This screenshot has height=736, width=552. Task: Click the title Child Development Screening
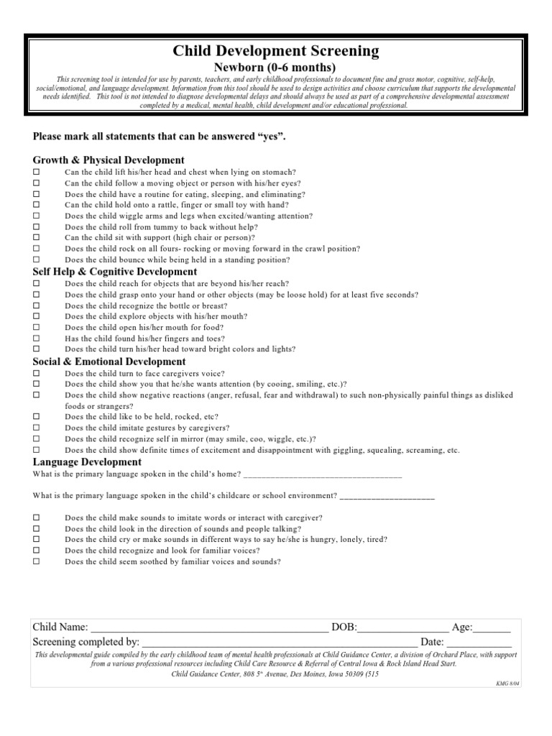pyautogui.click(x=276, y=50)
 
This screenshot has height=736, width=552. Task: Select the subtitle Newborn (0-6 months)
pyautogui.click(x=276, y=68)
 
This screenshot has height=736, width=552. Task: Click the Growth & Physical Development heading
pyautogui.click(x=109, y=160)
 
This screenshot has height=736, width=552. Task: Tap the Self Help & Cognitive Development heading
pyautogui.click(x=115, y=272)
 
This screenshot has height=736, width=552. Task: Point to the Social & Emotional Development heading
pyautogui.click(x=109, y=362)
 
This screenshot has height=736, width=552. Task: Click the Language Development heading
pyautogui.click(x=87, y=462)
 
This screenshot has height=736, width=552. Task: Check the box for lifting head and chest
pyautogui.click(x=37, y=173)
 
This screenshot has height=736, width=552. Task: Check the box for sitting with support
pyautogui.click(x=37, y=238)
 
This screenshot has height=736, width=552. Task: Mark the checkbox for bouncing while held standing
pyautogui.click(x=37, y=259)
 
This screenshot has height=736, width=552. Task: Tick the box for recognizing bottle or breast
pyautogui.click(x=37, y=306)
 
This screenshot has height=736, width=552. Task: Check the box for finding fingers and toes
pyautogui.click(x=37, y=339)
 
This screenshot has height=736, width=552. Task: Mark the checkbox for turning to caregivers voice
pyautogui.click(x=37, y=374)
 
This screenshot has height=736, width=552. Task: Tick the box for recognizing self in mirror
pyautogui.click(x=37, y=439)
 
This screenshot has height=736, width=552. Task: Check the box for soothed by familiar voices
pyautogui.click(x=37, y=561)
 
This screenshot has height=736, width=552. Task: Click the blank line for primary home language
pyautogui.click(x=323, y=476)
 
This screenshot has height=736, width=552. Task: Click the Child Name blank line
pyautogui.click(x=209, y=628)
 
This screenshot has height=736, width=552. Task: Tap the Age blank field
pyautogui.click(x=492, y=628)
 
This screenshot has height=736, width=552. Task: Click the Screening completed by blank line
pyautogui.click(x=280, y=643)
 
